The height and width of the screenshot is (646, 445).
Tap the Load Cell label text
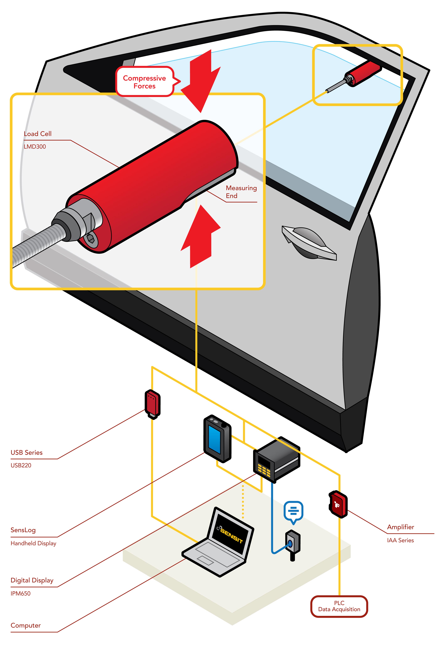pyautogui.click(x=38, y=134)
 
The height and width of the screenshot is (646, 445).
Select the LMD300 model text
pyautogui.click(x=35, y=147)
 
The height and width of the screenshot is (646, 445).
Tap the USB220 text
pyautogui.click(x=21, y=465)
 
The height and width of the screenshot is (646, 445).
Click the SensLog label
pyautogui.click(x=23, y=530)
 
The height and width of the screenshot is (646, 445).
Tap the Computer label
pyautogui.click(x=26, y=625)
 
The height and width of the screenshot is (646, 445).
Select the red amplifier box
pyautogui.click(x=338, y=504)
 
